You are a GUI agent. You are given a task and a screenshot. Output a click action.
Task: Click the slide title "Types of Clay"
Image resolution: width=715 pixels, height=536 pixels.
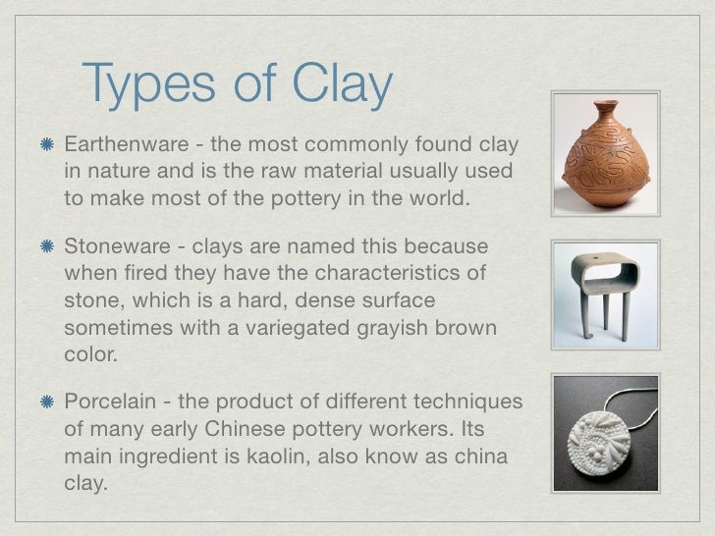coord(238,85)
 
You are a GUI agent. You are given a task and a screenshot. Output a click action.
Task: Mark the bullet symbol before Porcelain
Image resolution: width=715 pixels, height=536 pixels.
coord(45,404)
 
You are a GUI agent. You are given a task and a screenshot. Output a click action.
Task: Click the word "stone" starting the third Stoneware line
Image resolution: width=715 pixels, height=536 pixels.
coord(87,297)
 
